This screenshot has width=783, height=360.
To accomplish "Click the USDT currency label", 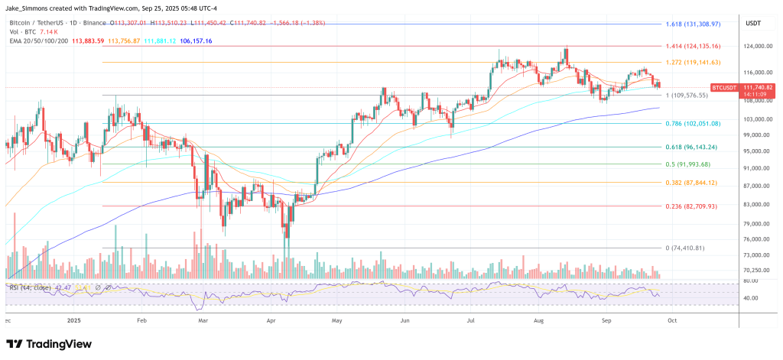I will coord(752,24).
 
